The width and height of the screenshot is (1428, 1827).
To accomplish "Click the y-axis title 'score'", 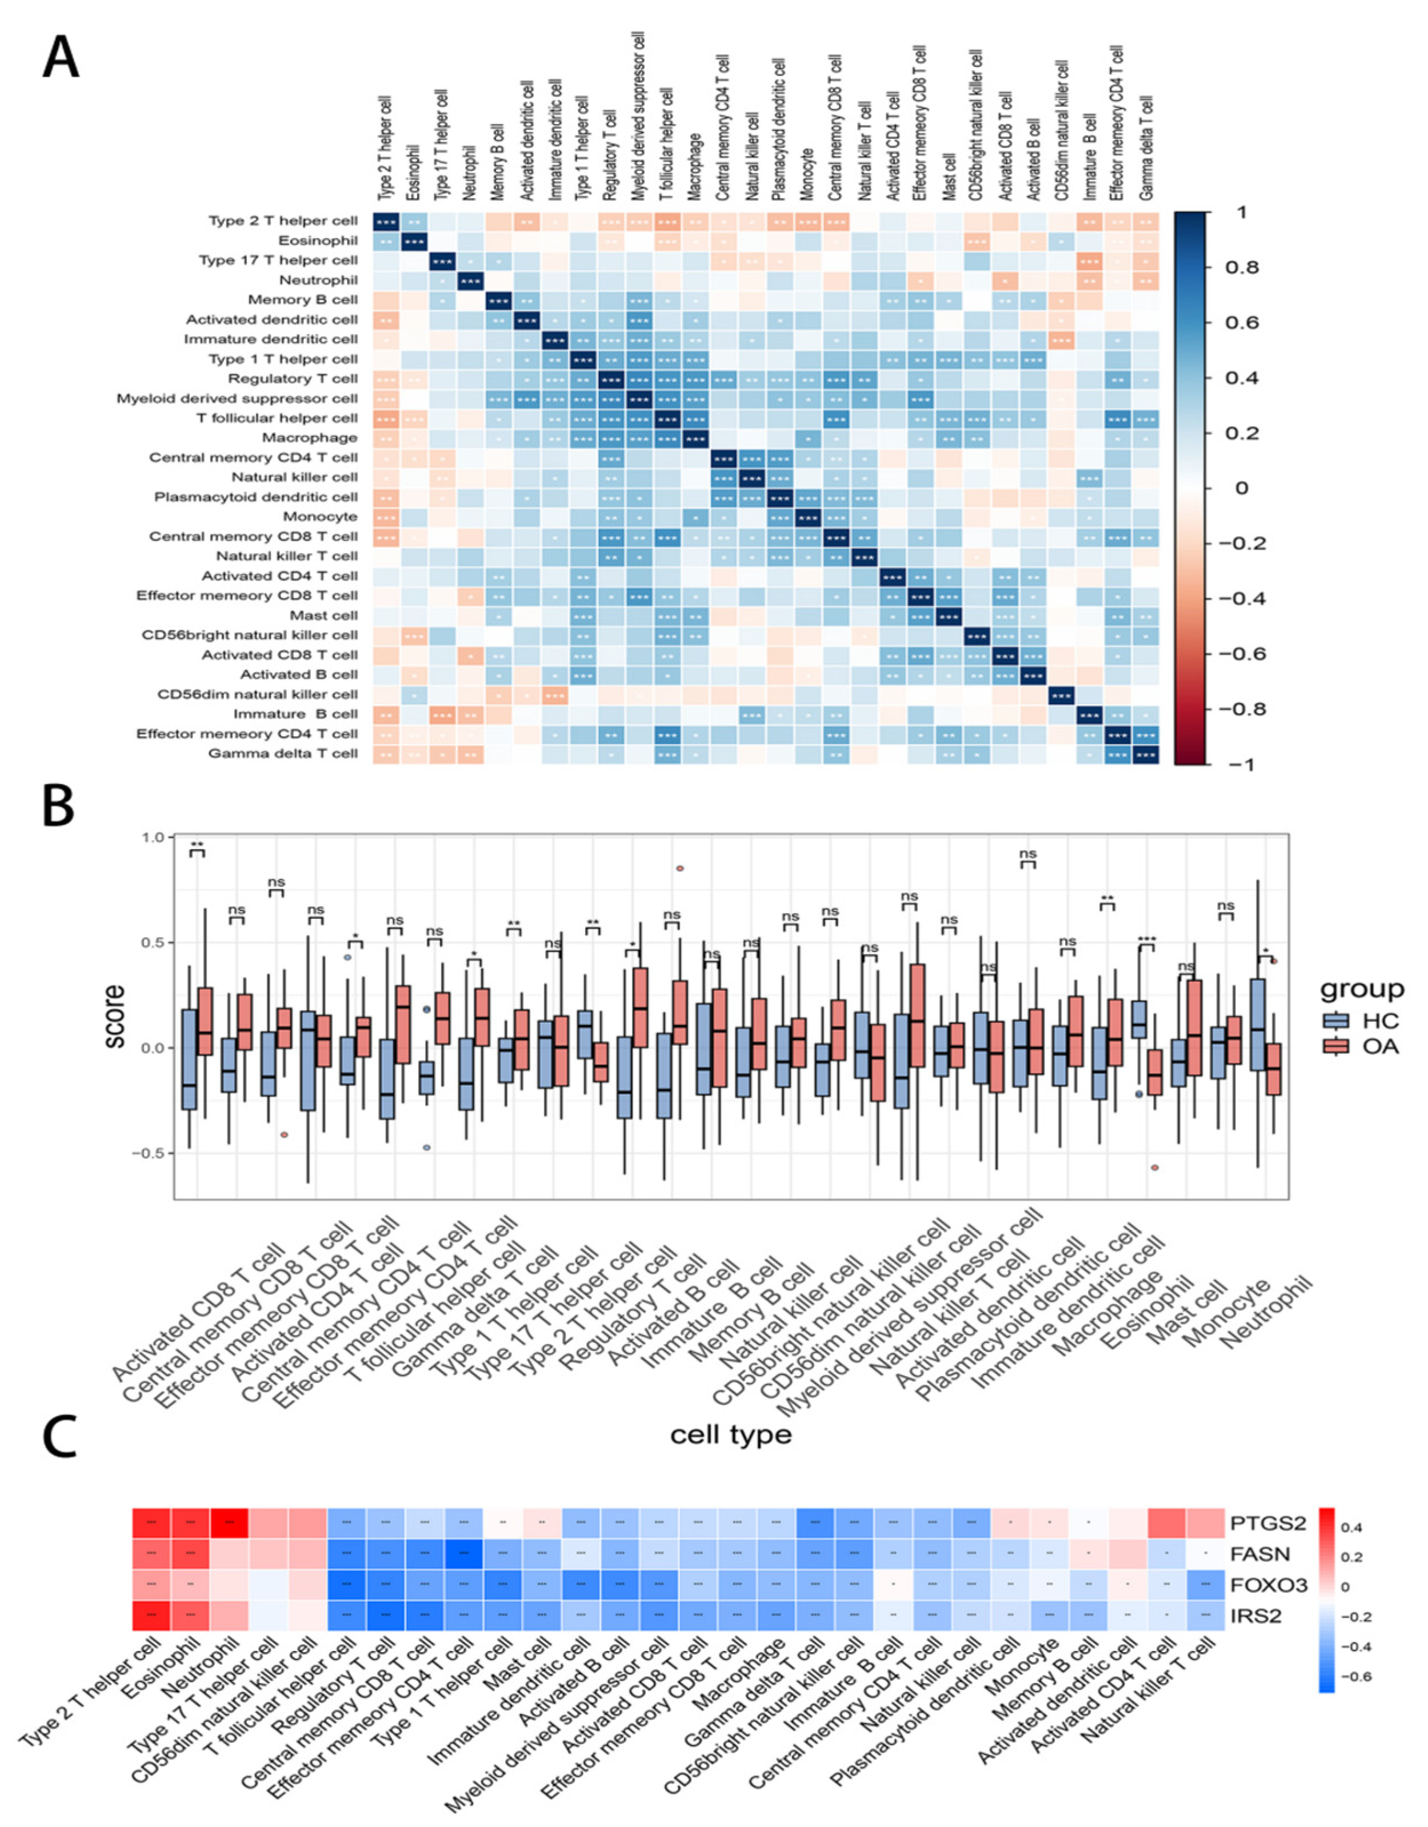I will point(115,1017).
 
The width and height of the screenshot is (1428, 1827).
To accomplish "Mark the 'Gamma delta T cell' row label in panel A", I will point(283,753).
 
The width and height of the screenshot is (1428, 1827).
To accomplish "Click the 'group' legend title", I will point(1361,989).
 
